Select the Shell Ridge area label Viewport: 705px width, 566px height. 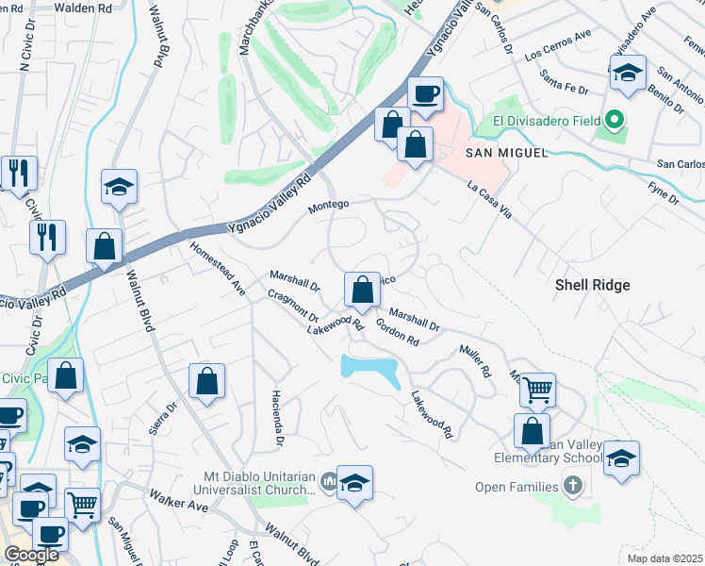coord(592,284)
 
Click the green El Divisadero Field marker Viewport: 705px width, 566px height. coord(615,121)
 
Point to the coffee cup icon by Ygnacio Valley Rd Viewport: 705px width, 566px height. coord(425,94)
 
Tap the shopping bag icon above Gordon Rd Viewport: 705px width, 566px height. coord(361,289)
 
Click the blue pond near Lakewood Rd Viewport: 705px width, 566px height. coord(372,369)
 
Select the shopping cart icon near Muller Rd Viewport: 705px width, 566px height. coord(536,388)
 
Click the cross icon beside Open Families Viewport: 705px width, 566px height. coord(572,487)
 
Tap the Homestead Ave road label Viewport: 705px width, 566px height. coord(218,269)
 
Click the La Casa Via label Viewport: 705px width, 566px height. coord(489,201)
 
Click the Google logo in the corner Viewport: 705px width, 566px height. coord(30,555)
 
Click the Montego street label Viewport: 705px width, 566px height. coord(329,204)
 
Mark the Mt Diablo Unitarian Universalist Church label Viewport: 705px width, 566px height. coord(254,483)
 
